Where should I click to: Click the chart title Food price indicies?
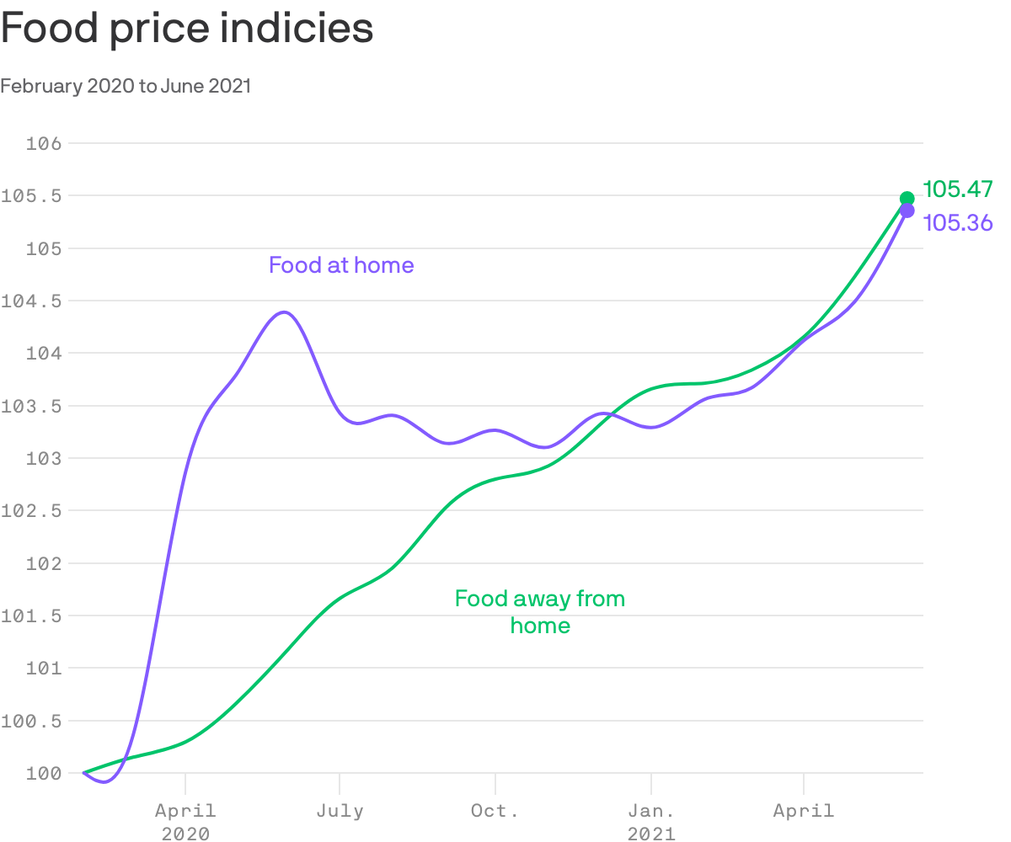[187, 29]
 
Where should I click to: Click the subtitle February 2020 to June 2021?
[126, 86]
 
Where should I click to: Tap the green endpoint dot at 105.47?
[907, 199]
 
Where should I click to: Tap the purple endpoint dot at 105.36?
[907, 210]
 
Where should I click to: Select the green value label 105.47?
[958, 189]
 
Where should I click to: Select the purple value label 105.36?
[958, 223]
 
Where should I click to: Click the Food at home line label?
[341, 265]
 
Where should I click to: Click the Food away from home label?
[540, 612]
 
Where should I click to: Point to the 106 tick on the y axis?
[44, 143]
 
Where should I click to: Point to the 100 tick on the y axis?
[44, 773]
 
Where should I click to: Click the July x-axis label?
[340, 811]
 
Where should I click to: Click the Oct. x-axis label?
[495, 811]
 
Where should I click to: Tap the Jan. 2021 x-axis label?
[651, 822]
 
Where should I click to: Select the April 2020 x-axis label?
[185, 822]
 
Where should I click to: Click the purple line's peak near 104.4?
[285, 312]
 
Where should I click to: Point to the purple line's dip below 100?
[104, 781]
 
